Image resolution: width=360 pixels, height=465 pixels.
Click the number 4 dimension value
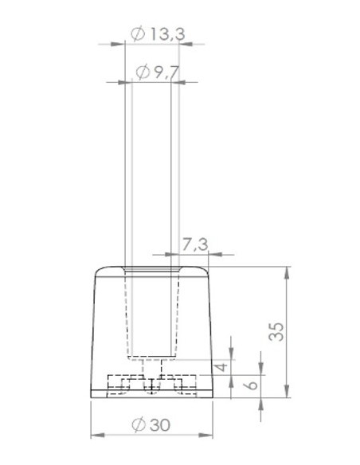click(223, 367)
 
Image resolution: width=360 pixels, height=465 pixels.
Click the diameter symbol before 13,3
click(135, 34)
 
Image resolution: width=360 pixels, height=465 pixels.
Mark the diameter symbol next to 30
click(138, 425)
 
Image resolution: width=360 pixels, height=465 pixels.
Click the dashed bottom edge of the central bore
click(151, 357)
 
